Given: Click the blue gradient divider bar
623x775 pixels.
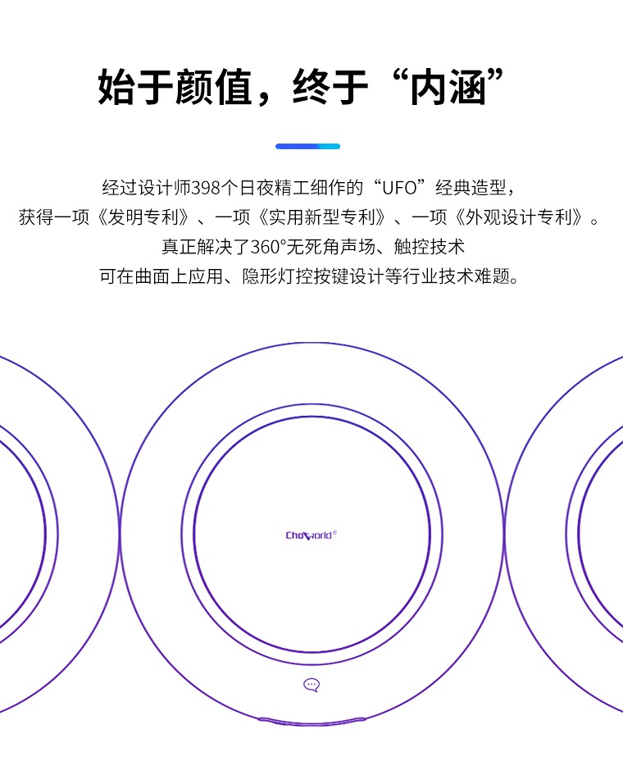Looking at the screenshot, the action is coord(307,146).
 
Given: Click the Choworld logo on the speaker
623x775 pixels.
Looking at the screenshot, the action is coord(311,535).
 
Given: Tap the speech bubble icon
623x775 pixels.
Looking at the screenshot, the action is coord(311,685).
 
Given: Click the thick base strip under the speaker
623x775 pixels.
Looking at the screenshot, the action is coord(311,722).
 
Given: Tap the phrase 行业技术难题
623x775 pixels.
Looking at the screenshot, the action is coord(464,276).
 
